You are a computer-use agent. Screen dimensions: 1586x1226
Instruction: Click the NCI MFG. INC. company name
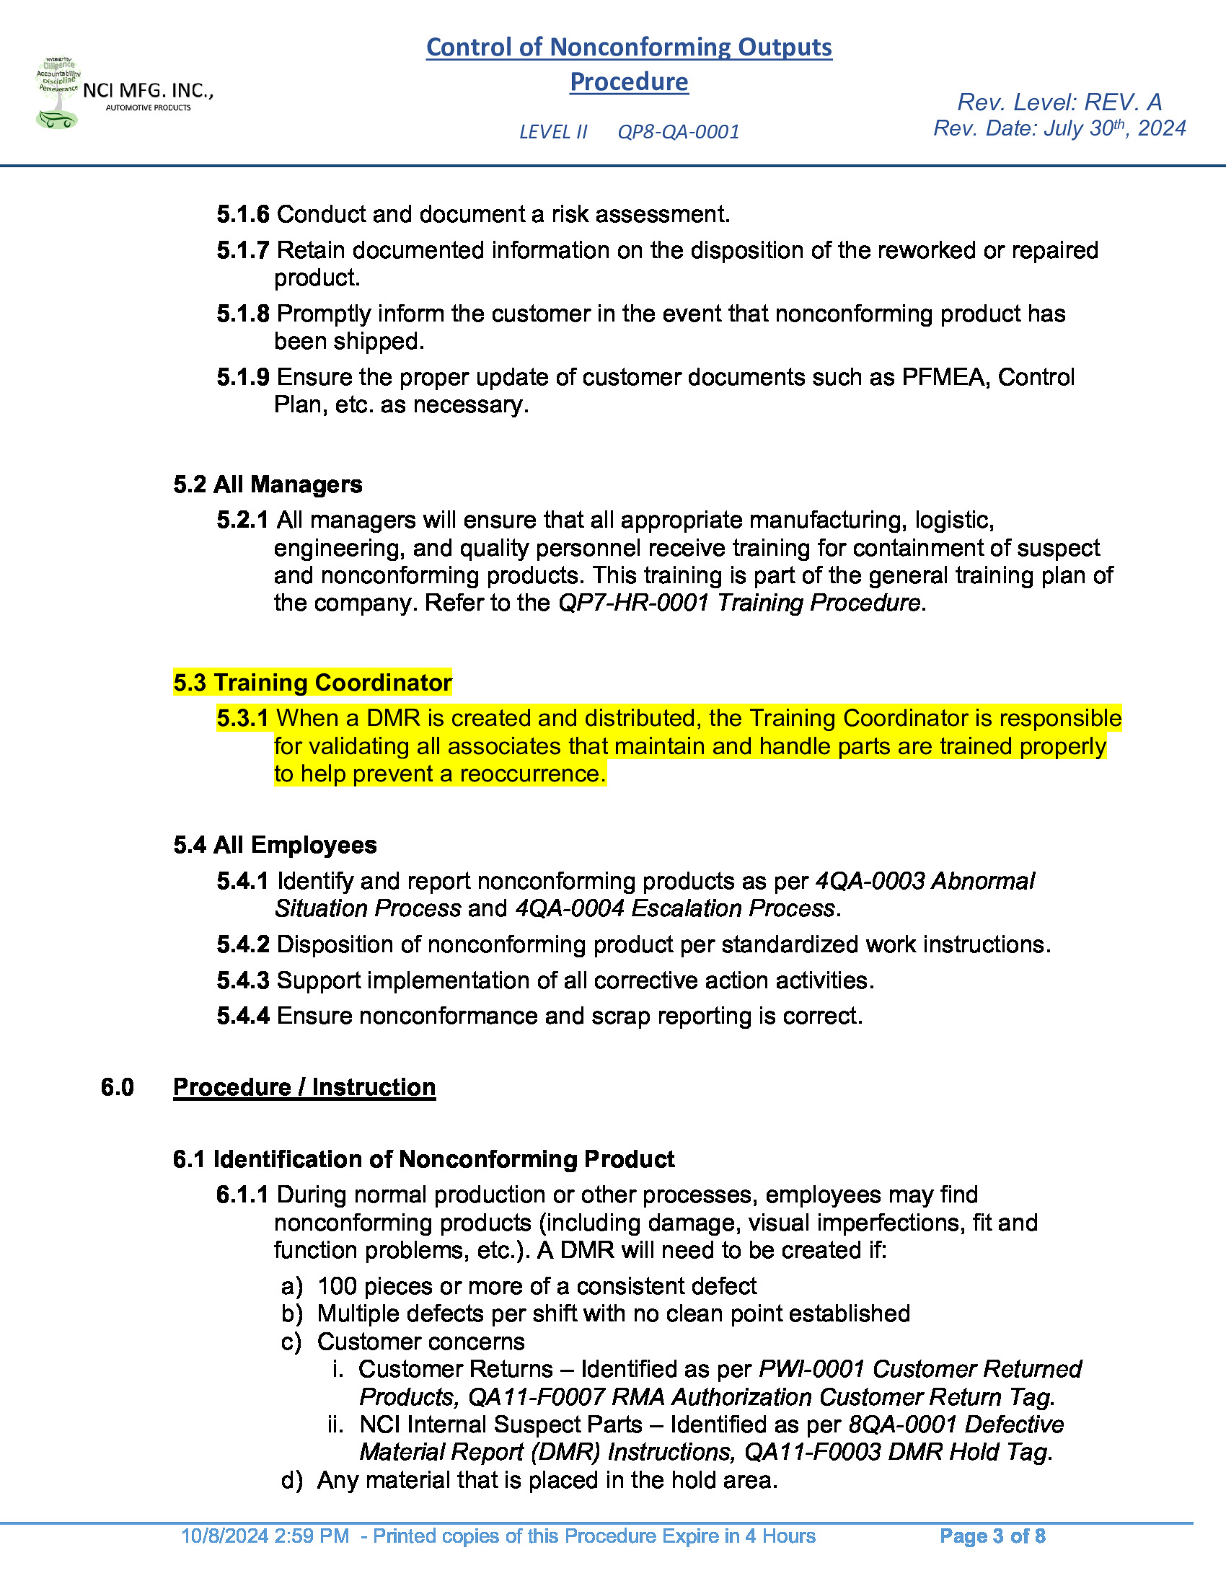147,91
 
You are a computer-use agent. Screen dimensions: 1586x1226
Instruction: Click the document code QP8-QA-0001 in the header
678,132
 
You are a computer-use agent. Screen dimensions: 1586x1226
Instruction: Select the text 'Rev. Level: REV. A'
1059,102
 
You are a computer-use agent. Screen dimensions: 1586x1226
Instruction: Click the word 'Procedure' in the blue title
628,82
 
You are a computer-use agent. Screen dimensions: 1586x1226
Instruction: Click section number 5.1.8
242,314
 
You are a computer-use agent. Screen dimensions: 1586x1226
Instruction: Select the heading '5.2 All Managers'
268,484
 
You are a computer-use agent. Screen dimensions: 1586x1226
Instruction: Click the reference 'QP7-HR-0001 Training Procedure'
738,603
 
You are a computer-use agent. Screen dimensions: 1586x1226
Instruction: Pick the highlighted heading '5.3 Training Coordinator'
312,683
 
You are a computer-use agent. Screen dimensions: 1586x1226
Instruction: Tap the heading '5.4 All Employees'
275,845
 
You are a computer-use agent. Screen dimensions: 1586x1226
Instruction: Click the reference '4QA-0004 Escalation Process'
675,908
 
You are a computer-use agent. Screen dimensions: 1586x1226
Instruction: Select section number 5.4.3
242,980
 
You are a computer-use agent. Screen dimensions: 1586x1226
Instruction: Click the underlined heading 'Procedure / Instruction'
304,1087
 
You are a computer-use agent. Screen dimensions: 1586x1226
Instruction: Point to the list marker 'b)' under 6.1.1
291,1313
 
